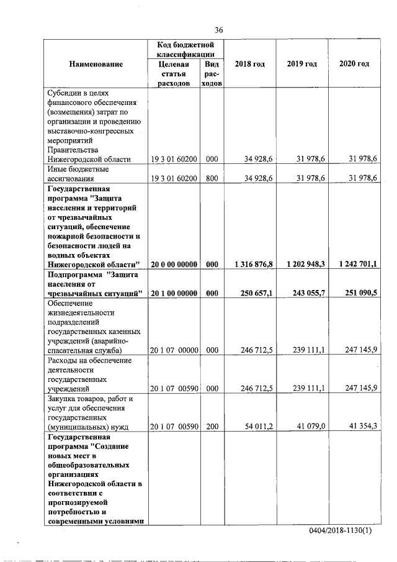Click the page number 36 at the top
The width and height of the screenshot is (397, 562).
(218, 30)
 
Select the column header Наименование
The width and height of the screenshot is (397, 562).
(96, 64)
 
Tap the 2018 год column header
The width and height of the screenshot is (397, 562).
(250, 64)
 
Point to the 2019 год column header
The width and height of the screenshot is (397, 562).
(302, 64)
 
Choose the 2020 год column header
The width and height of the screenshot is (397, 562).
(354, 64)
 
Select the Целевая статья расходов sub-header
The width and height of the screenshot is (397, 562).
(173, 75)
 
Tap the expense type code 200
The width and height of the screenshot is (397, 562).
(212, 426)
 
